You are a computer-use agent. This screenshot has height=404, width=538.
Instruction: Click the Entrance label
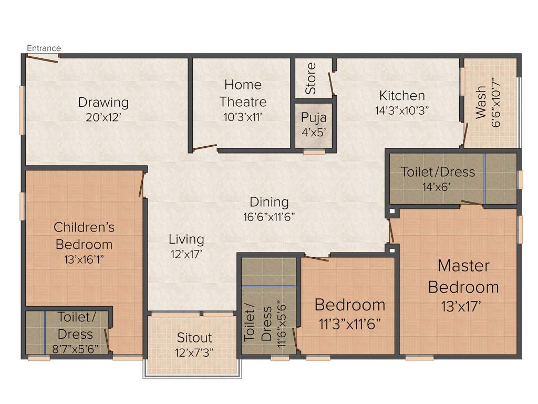44,48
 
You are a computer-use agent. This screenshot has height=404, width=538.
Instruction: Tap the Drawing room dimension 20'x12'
104,117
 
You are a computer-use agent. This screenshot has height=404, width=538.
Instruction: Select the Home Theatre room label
243,93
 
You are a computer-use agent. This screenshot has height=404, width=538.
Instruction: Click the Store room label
311,78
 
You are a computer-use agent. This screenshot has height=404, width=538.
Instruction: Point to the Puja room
314,124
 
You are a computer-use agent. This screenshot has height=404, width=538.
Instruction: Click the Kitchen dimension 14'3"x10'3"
402,111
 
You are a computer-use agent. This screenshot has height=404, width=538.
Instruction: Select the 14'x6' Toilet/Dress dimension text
437,186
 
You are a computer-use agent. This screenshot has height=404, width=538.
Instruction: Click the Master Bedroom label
463,276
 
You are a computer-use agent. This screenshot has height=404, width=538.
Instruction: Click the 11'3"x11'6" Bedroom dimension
350,323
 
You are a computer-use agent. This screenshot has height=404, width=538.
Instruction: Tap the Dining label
269,202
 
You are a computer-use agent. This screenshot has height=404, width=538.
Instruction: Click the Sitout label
194,338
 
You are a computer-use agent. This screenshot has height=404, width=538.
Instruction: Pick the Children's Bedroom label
84,236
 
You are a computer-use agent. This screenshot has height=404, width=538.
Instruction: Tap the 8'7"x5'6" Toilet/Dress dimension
75,348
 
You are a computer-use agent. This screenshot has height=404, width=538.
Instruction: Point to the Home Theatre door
205,147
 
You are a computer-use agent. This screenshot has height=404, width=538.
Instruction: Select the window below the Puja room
314,152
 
